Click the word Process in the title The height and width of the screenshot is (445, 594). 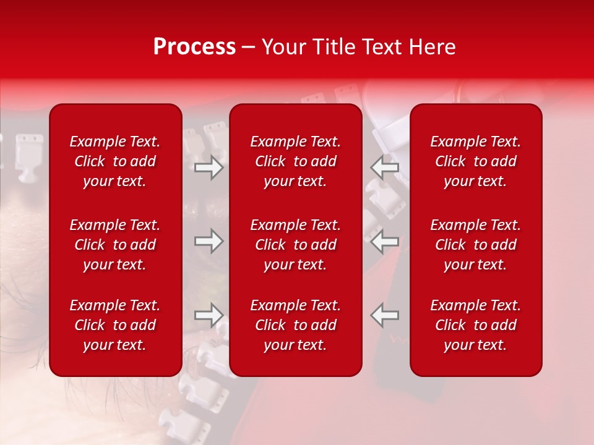194,47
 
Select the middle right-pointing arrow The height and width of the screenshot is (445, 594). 209,241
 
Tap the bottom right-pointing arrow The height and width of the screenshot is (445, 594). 209,315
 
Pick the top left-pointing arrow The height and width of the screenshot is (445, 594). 384,167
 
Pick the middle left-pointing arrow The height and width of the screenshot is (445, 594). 384,241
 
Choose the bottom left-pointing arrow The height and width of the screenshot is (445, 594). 384,315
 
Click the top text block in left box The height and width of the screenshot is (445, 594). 115,161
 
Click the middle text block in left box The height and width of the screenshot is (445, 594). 115,245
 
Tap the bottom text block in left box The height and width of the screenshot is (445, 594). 115,325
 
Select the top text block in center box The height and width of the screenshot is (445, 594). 295,161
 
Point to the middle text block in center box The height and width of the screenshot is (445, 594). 295,245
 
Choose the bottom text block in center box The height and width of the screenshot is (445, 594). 295,325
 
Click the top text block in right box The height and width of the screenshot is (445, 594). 475,161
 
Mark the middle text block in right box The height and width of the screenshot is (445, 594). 475,245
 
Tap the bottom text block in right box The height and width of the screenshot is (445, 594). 475,325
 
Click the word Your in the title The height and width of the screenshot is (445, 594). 284,47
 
